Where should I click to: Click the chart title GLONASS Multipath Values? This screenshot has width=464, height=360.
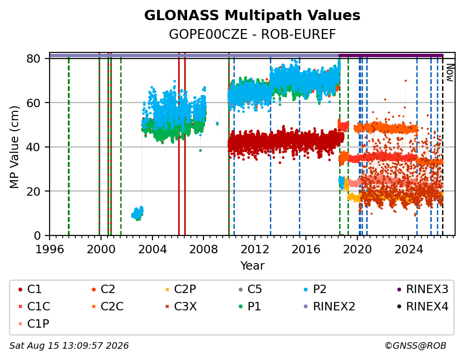point(252,15)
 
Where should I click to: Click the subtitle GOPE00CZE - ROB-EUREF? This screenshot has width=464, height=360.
point(252,35)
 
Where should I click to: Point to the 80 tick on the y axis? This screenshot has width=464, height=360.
point(33,59)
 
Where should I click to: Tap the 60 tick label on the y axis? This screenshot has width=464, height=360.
point(33,103)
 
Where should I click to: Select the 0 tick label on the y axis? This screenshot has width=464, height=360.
point(37,235)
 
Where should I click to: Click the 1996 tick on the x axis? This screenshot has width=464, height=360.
point(50,249)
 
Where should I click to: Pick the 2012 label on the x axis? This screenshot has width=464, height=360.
point(255,249)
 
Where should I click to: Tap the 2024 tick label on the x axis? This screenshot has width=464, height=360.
point(409,249)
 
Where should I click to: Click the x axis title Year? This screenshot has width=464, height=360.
point(252,265)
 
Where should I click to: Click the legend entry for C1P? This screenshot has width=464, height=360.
point(34,323)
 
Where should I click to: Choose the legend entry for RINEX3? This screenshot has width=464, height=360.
point(423,289)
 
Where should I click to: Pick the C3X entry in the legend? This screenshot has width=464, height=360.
point(181,307)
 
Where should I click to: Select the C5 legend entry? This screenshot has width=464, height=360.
point(250,289)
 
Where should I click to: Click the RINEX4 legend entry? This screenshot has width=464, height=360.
point(423,307)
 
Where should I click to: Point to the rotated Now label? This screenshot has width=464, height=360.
point(450,73)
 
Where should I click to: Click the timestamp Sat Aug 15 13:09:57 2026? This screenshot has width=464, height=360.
point(69,346)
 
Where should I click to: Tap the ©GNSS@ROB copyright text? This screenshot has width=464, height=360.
point(415,346)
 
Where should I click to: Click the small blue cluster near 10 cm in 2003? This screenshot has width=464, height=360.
point(138,213)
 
